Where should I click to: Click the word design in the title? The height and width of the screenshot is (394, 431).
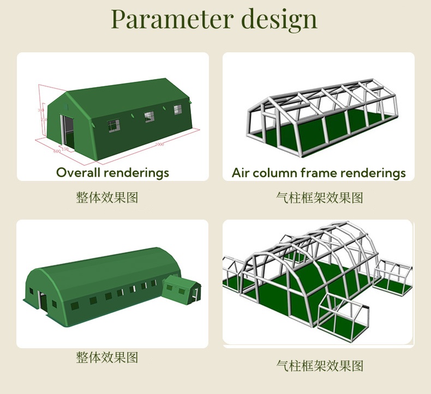point(279,20)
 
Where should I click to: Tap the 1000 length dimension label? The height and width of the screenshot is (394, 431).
point(159,144)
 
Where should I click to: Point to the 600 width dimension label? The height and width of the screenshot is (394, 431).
point(56,151)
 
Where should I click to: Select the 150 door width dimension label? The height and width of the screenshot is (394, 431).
point(65,148)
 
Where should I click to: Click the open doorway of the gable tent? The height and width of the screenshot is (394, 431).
point(68,132)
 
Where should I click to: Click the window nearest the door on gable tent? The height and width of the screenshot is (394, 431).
point(113,126)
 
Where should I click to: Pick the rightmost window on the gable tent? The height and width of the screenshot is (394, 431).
point(177,110)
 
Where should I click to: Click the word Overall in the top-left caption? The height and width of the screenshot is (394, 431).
point(78,173)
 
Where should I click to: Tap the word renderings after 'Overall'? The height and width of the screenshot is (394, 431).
point(136,173)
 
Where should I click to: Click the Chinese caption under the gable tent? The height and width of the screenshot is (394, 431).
point(107,197)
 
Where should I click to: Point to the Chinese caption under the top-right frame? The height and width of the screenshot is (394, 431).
point(320,197)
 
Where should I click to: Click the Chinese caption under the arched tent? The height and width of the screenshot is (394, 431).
point(107,357)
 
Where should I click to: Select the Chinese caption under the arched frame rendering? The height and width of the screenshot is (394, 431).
point(320,365)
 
